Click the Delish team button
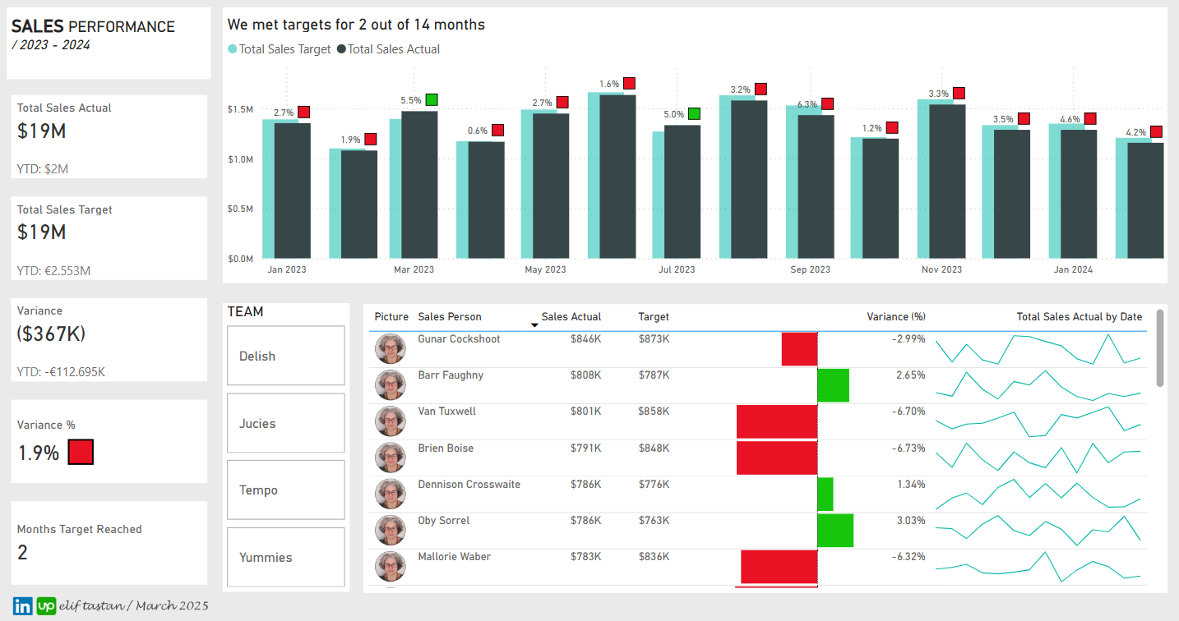coord(285,356)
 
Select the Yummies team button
coord(285,557)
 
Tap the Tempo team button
coord(285,490)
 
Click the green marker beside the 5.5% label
coord(432,100)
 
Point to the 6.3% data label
coord(807,104)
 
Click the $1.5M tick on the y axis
coord(241,109)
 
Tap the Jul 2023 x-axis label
coord(677,269)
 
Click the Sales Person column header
coord(449,317)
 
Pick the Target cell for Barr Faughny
coord(654,375)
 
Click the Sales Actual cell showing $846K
coord(585,339)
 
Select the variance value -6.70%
coord(909,412)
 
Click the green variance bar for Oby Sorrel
coord(835,530)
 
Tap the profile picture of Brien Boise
coord(391,458)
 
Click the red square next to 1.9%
coord(81,452)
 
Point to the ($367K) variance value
coord(52,334)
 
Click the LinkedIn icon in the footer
coord(22,606)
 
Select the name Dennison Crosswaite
coord(469,485)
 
